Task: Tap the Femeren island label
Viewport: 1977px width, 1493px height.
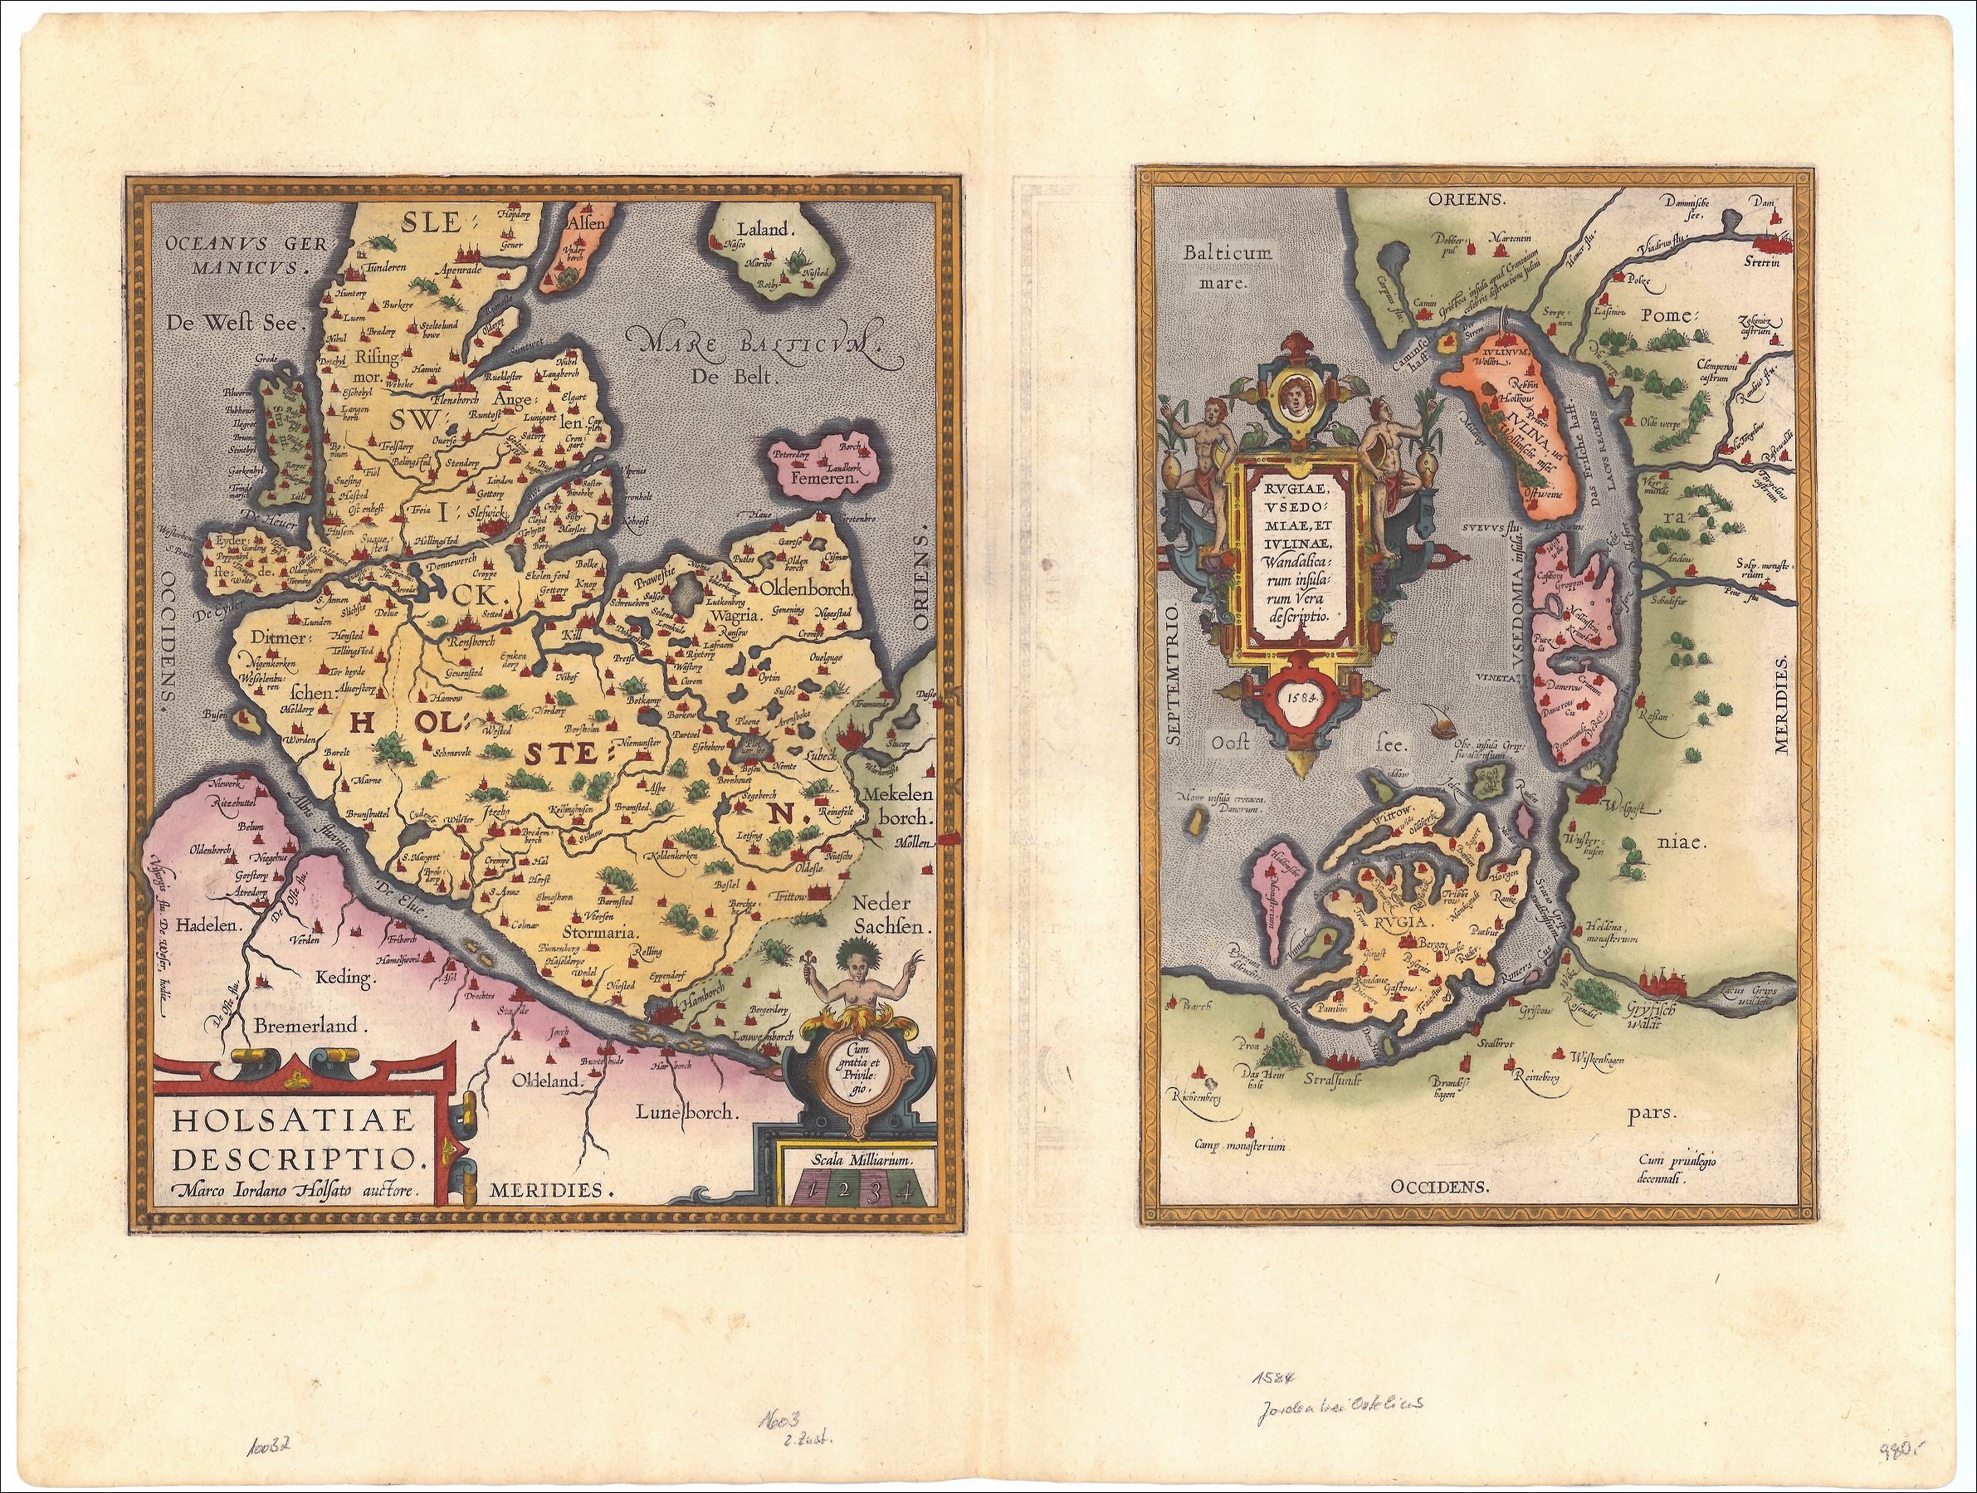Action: pyautogui.click(x=830, y=479)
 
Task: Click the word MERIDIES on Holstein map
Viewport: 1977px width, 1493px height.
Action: pyautogui.click(x=552, y=1190)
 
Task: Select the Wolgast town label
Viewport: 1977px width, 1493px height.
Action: pyautogui.click(x=1621, y=815)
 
